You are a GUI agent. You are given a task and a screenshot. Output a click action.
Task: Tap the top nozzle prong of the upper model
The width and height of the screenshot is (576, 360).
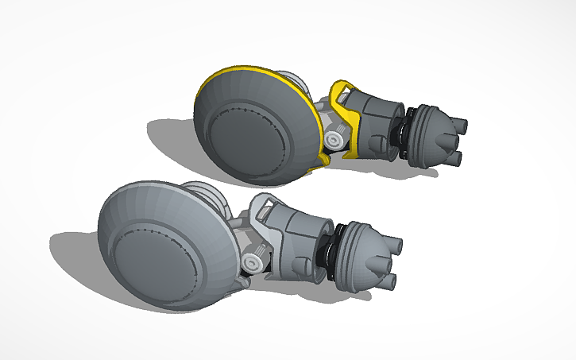coord(459,124)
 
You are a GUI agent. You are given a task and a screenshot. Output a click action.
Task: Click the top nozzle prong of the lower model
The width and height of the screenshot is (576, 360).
coord(395,242)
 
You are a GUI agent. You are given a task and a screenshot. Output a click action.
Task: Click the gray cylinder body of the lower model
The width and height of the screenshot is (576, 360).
coord(299,238)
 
